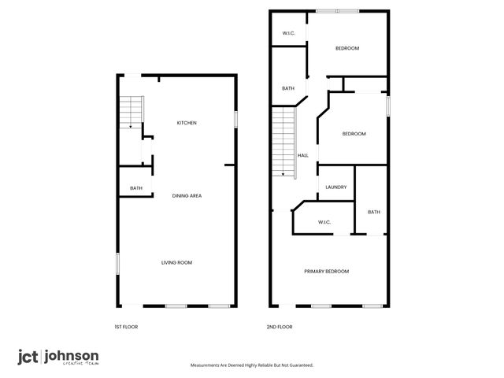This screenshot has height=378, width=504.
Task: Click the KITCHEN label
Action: pyautogui.click(x=187, y=123)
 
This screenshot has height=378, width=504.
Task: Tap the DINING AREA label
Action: pyautogui.click(x=187, y=195)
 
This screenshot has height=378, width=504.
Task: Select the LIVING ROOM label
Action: pyautogui.click(x=177, y=262)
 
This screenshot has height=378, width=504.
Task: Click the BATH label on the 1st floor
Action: pyautogui.click(x=136, y=188)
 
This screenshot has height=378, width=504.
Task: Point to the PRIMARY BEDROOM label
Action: pyautogui.click(x=326, y=271)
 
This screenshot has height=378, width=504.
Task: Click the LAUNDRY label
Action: pyautogui.click(x=336, y=187)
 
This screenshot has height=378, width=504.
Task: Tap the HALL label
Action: pyautogui.click(x=302, y=155)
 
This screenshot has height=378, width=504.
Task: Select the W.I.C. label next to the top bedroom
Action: pyautogui.click(x=289, y=33)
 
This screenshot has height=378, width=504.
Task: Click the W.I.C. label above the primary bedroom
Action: pyautogui.click(x=324, y=222)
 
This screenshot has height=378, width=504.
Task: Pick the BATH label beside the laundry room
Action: pyautogui.click(x=373, y=212)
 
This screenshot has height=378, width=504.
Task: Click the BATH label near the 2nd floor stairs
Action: pyautogui.click(x=288, y=88)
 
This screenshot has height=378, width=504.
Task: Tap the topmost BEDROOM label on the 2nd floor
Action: pyautogui.click(x=347, y=49)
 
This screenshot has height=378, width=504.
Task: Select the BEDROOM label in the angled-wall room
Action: pyautogui.click(x=354, y=134)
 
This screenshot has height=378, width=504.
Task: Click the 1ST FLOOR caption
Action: pyautogui.click(x=126, y=326)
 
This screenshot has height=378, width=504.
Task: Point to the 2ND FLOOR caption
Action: pyautogui.click(x=280, y=326)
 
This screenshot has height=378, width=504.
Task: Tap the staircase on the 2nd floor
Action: pyautogui.click(x=283, y=142)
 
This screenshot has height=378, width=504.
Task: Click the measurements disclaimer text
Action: pyautogui.click(x=252, y=365)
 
